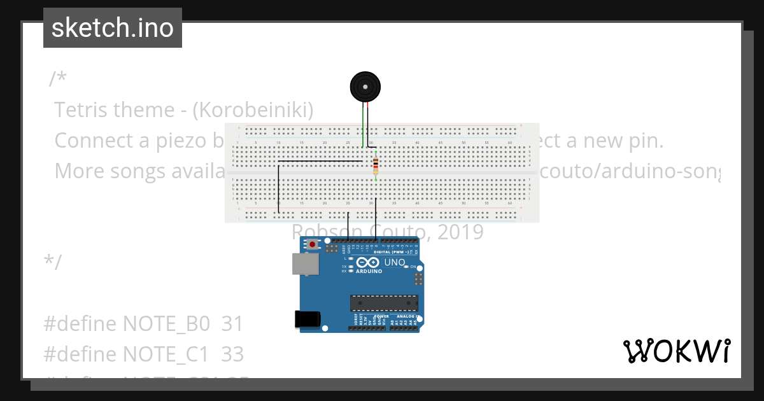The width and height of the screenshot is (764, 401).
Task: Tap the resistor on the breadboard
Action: [x=376, y=165]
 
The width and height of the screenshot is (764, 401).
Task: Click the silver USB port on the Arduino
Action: [x=305, y=264]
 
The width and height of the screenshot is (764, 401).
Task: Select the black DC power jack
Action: [x=307, y=320]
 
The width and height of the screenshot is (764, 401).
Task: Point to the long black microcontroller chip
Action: [x=384, y=304]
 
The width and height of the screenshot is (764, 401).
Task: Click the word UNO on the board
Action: [x=395, y=262]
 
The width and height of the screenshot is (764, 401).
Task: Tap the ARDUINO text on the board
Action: [x=369, y=271]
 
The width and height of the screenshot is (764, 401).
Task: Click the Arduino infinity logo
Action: [x=368, y=262]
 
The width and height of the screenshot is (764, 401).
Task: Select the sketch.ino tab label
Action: [x=113, y=28]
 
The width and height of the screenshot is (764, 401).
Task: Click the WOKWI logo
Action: [x=676, y=351]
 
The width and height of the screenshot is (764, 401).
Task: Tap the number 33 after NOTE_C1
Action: [x=232, y=353]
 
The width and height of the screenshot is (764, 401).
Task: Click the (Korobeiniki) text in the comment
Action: [x=252, y=110]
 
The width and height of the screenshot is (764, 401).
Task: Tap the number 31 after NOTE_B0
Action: [x=232, y=324]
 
